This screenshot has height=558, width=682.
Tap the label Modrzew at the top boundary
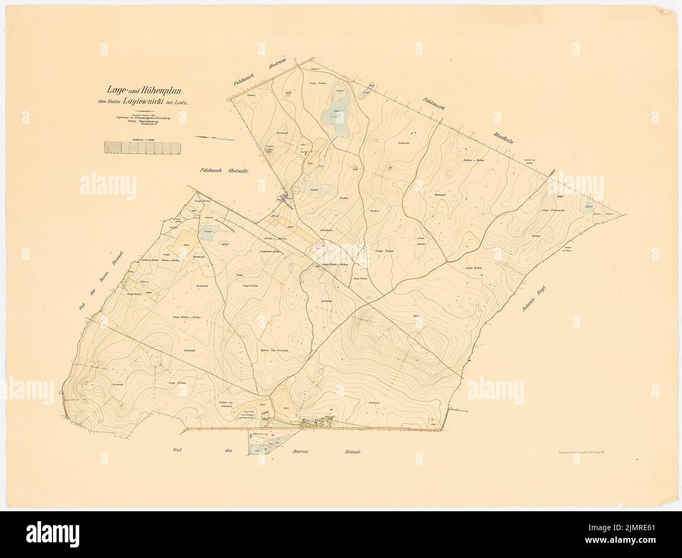(x=281, y=71)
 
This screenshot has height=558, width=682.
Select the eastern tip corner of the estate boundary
(x=626, y=214)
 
